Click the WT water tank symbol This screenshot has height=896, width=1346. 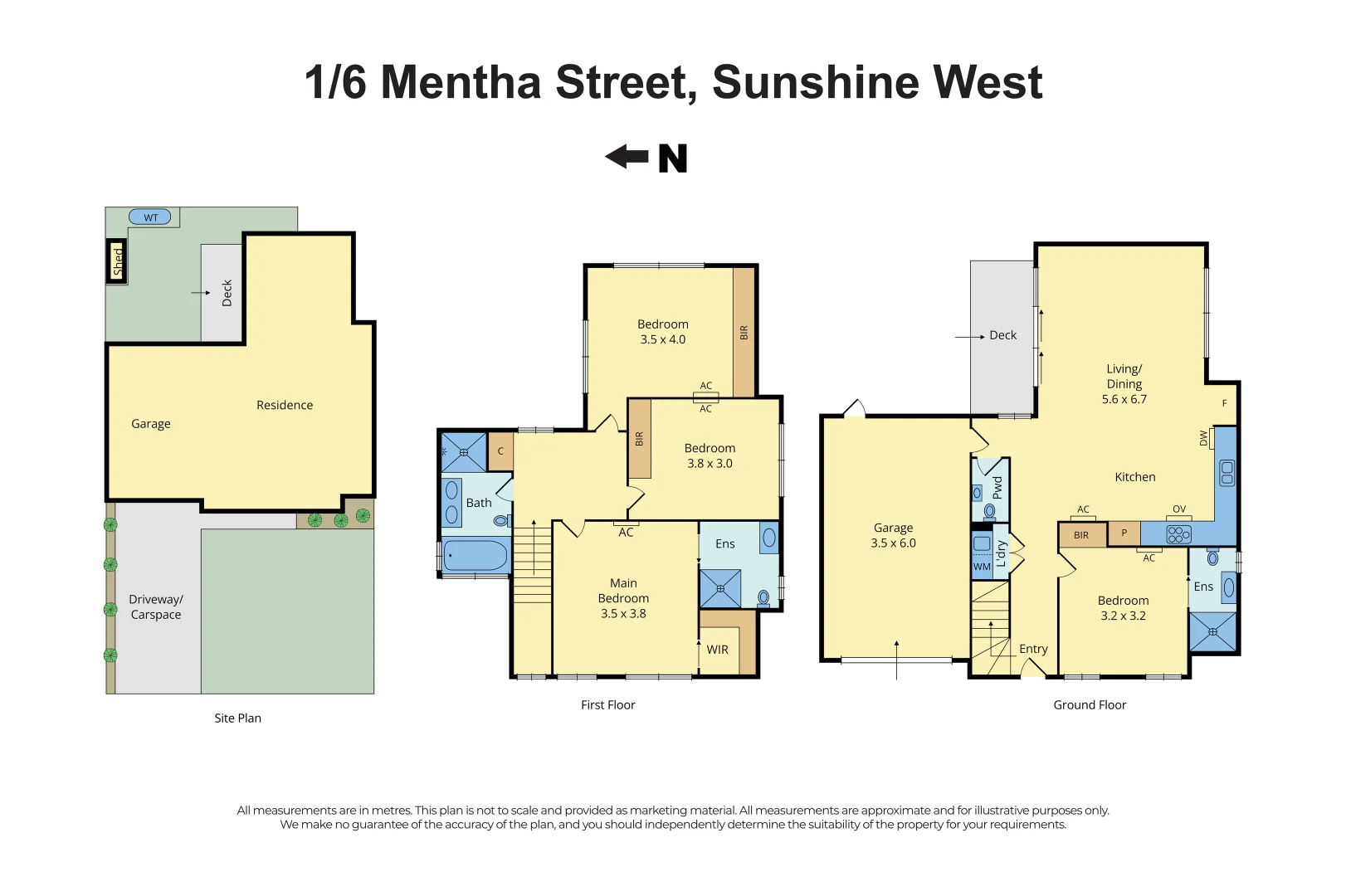click(x=150, y=217)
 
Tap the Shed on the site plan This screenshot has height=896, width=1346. click(x=117, y=261)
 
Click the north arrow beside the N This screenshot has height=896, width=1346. click(x=627, y=156)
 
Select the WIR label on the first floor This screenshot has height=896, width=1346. click(x=718, y=650)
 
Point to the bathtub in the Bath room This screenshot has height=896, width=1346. click(x=475, y=555)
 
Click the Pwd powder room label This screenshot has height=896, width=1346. click(x=997, y=487)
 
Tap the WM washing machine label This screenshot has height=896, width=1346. click(x=982, y=567)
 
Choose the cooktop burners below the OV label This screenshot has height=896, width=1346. click(x=1178, y=535)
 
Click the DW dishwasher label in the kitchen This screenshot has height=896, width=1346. click(x=1204, y=438)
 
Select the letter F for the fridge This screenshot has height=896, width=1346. click(x=1224, y=403)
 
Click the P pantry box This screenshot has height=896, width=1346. click(x=1124, y=533)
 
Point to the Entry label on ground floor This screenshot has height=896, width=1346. click(x=1033, y=649)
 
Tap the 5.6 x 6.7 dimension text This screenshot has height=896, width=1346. click(x=1124, y=399)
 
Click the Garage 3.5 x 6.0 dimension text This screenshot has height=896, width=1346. click(x=893, y=543)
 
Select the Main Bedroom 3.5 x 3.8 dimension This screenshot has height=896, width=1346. click(x=623, y=614)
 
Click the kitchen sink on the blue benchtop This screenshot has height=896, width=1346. click(x=1227, y=473)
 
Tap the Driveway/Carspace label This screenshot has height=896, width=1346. click(x=156, y=606)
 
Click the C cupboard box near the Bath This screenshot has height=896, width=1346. click(x=500, y=451)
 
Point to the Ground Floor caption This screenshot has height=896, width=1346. click(x=1090, y=704)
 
